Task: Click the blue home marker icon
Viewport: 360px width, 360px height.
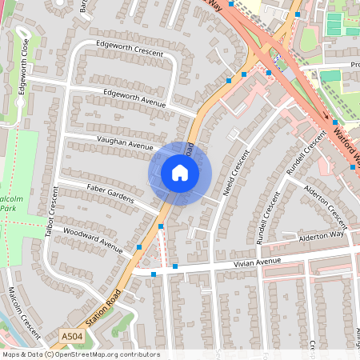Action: point(180,172)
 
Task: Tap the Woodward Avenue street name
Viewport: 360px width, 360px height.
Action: point(92,242)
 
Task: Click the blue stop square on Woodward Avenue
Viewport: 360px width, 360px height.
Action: point(140,248)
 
